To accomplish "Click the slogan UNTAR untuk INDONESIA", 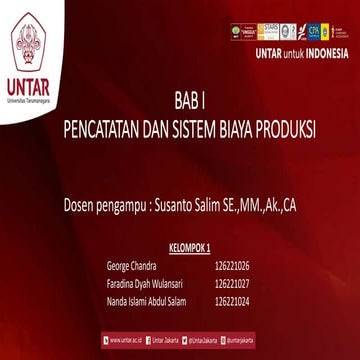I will point(301,53).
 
